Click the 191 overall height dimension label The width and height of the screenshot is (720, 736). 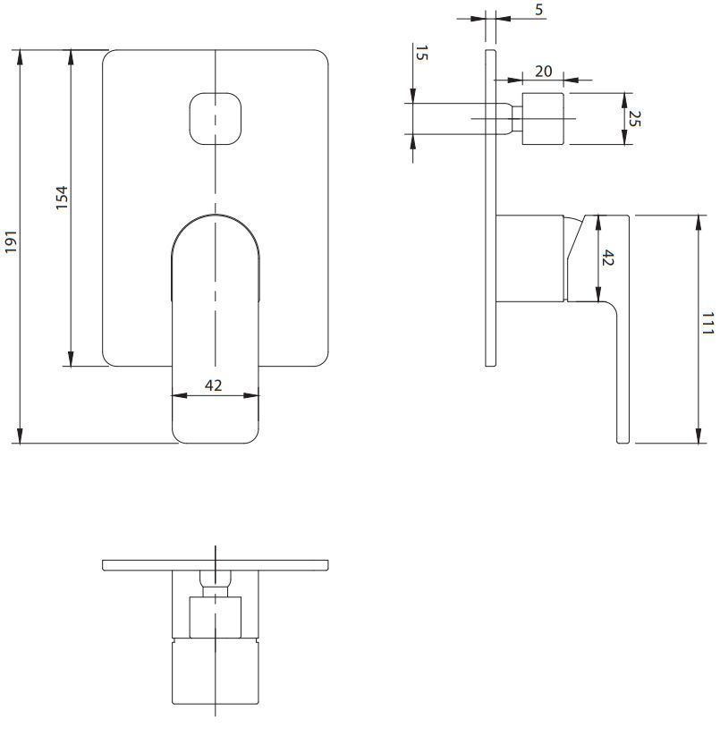[x=11, y=241]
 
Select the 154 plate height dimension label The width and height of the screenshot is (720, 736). [x=62, y=198]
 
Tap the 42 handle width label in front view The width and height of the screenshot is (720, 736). [x=214, y=385]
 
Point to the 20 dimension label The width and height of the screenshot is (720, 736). [x=543, y=71]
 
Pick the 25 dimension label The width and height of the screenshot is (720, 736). [x=635, y=117]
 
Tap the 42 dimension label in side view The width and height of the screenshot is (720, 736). [x=608, y=258]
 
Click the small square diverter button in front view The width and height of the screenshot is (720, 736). [x=216, y=118]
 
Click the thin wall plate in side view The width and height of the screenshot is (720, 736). [x=490, y=206]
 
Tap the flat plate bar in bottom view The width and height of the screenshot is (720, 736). [x=215, y=565]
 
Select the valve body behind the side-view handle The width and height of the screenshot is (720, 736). [x=530, y=258]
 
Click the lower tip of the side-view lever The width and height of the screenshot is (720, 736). [x=623, y=436]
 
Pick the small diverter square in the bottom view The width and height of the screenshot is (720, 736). [x=216, y=618]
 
